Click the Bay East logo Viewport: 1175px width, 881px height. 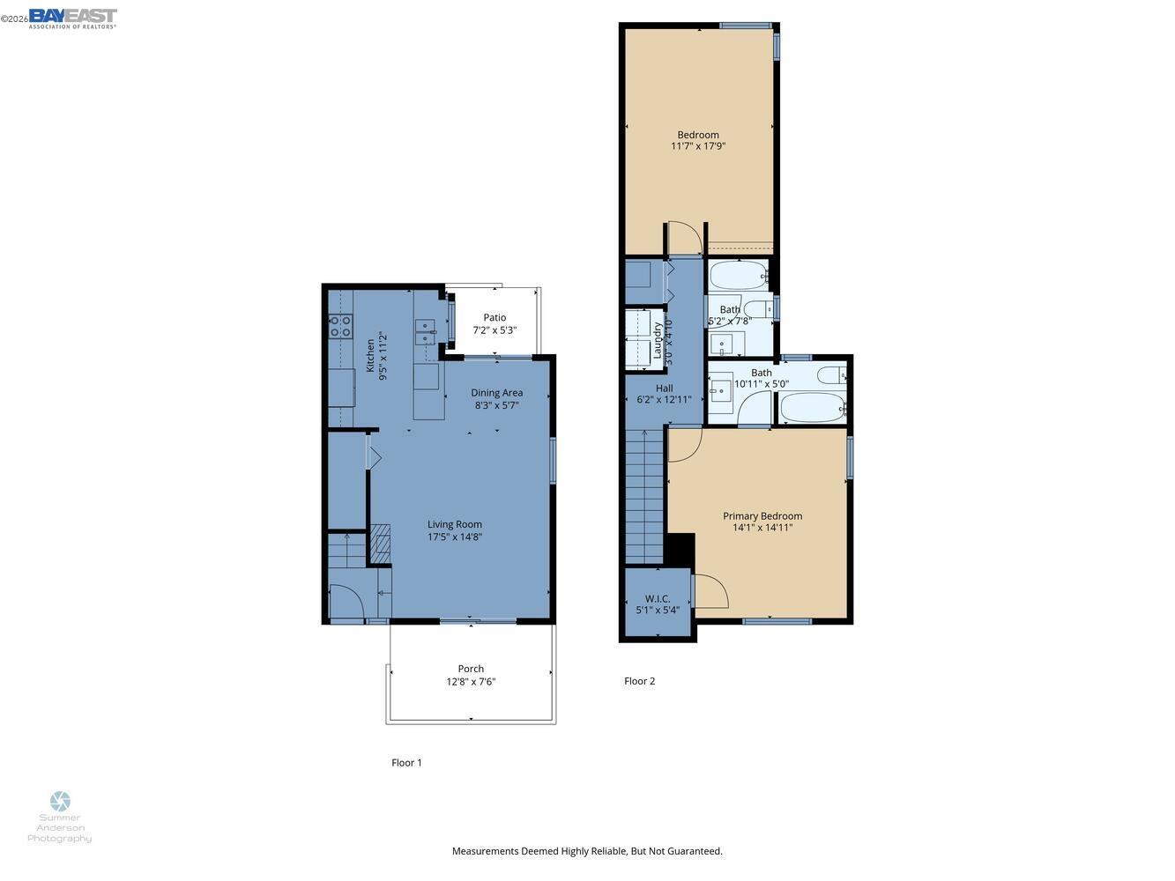pos(72,18)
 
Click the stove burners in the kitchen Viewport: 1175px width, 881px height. pos(340,328)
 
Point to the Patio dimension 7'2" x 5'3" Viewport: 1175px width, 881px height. pos(495,330)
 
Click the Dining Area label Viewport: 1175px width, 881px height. pos(496,393)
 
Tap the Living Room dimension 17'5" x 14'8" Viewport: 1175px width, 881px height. pos(455,537)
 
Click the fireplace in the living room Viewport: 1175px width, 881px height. pos(380,544)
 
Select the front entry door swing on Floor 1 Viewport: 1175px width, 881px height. pos(346,603)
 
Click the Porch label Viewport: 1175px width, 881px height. pos(471,669)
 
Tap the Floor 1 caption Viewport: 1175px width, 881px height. pos(406,763)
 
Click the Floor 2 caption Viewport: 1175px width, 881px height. pos(639,681)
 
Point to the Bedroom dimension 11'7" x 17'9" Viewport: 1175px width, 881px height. pos(697,147)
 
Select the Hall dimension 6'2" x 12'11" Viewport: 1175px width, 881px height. pos(664,400)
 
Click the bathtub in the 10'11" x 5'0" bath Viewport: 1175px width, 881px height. pos(813,407)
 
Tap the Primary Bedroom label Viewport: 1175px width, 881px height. pos(762,516)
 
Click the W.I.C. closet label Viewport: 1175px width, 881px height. pos(658,598)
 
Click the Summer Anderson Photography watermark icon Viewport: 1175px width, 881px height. pos(60,801)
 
